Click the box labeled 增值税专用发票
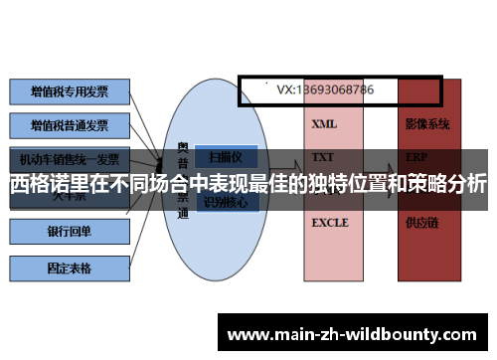click(x=70, y=91)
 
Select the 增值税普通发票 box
click(x=70, y=125)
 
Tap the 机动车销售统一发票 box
click(x=70, y=158)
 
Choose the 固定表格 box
click(x=70, y=268)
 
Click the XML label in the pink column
click(x=324, y=125)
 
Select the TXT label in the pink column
click(x=323, y=157)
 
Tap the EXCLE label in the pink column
click(x=330, y=223)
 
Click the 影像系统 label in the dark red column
click(x=427, y=125)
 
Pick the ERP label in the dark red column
click(x=416, y=157)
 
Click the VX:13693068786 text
click(x=325, y=90)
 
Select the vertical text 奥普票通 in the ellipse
click(x=183, y=179)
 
